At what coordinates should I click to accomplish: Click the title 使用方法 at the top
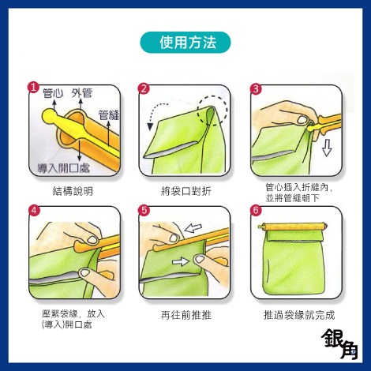[185, 41]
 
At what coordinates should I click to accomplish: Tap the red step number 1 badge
[33, 88]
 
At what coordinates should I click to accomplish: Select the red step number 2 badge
[144, 88]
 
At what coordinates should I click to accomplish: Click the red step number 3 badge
[255, 88]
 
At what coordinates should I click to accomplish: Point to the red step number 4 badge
[33, 211]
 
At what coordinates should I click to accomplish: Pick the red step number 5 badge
[144, 211]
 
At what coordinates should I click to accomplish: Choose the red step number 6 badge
[255, 211]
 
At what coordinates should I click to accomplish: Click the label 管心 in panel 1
[54, 94]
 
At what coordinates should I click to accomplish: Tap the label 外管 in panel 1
[82, 94]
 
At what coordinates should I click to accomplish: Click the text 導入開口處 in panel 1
[63, 168]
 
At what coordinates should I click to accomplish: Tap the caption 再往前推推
[185, 314]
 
